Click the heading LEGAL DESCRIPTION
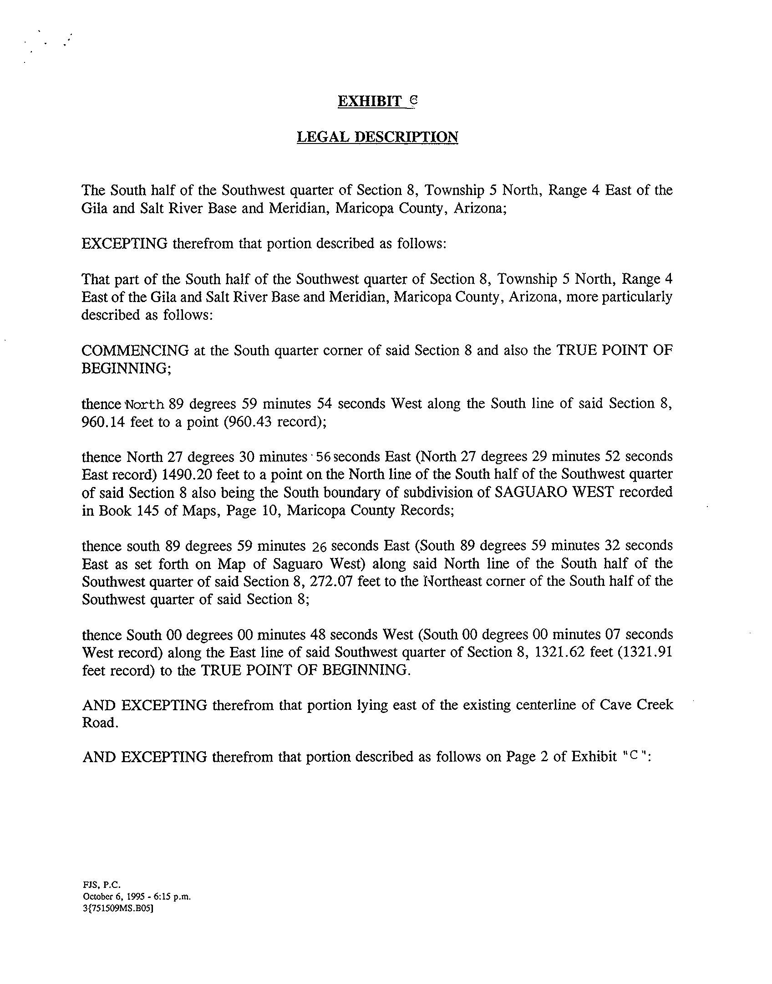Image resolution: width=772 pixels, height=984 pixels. (x=377, y=137)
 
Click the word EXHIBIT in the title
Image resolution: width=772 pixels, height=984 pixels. (x=369, y=101)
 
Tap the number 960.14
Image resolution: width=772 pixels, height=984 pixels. (x=103, y=422)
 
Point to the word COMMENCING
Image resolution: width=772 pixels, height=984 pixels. (x=135, y=351)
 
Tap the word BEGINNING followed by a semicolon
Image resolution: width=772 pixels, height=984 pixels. (x=125, y=369)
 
